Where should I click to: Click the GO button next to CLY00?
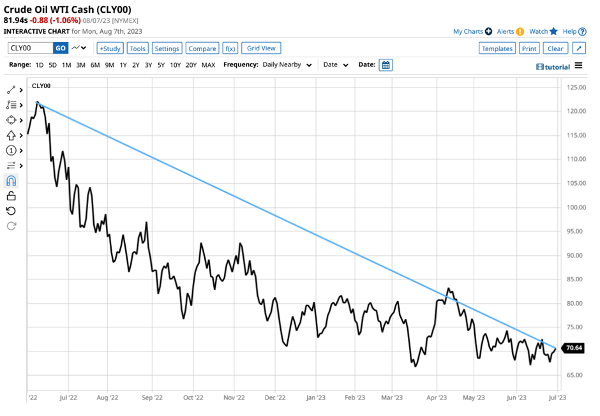[x=61, y=48]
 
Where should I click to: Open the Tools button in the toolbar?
[x=137, y=48]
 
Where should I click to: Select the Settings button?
[x=167, y=48]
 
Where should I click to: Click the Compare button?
[x=202, y=48]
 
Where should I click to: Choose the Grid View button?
[x=262, y=48]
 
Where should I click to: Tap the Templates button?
[x=497, y=48]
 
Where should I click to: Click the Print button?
[x=529, y=48]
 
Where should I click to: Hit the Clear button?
[x=555, y=48]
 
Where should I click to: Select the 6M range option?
[x=95, y=65]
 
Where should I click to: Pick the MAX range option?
[x=208, y=65]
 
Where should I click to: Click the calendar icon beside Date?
[x=386, y=65]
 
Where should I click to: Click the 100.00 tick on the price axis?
[x=576, y=207]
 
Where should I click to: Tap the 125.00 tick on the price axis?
[x=576, y=87]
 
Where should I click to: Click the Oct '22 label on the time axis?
[x=192, y=397]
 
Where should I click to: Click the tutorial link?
[x=553, y=66]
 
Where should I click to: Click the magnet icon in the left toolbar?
[x=11, y=181]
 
